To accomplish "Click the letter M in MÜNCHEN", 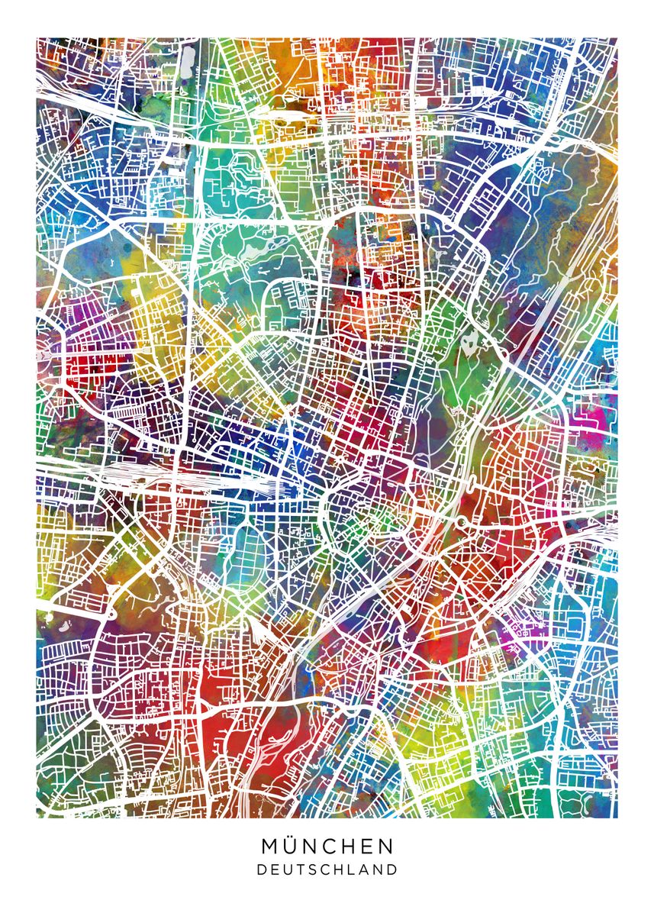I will pos(272,847).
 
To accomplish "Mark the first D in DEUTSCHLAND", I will pos(262,869).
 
